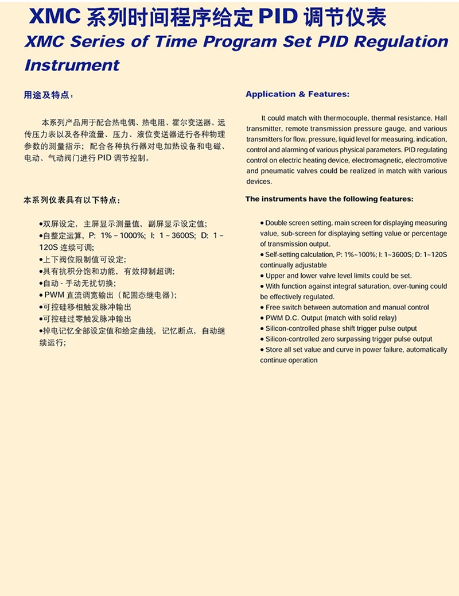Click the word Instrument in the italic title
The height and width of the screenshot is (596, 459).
click(72, 64)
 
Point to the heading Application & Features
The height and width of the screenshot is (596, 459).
click(297, 94)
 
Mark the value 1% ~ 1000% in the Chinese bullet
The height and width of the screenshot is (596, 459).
click(123, 235)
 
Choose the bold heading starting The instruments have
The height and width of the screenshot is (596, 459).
click(329, 199)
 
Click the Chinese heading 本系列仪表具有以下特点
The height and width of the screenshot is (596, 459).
click(72, 200)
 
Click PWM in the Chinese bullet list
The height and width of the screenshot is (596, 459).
click(52, 295)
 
